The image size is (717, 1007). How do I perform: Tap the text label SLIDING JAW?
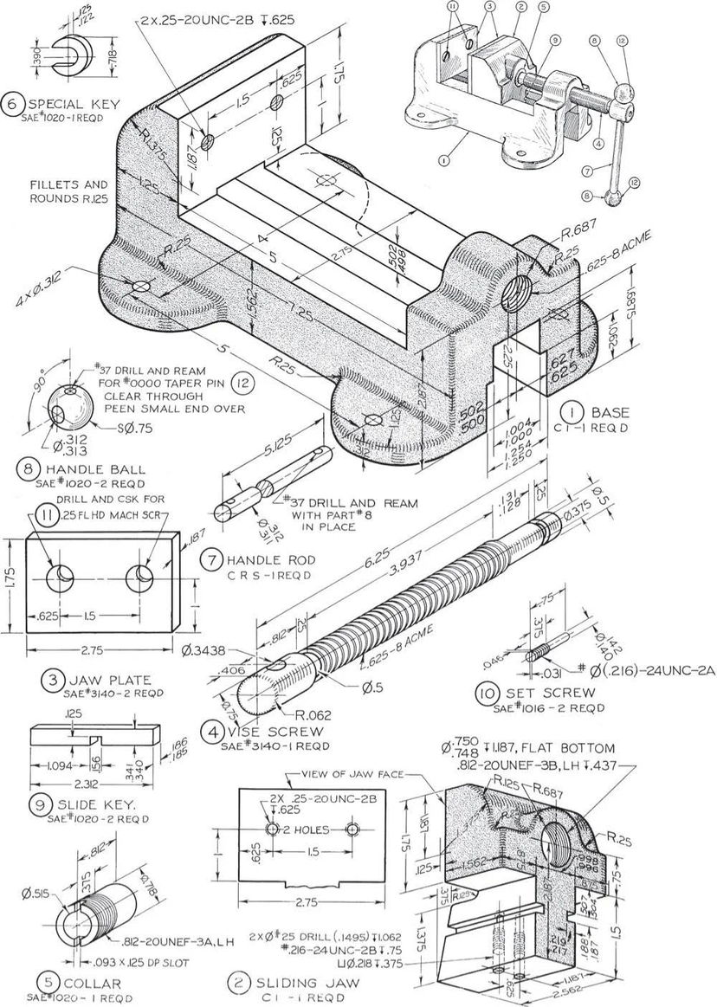click(x=299, y=984)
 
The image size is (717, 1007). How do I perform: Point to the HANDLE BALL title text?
click(x=84, y=470)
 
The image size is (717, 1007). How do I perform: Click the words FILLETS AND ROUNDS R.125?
click(x=69, y=191)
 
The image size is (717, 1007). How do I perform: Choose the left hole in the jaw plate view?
click(x=61, y=576)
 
